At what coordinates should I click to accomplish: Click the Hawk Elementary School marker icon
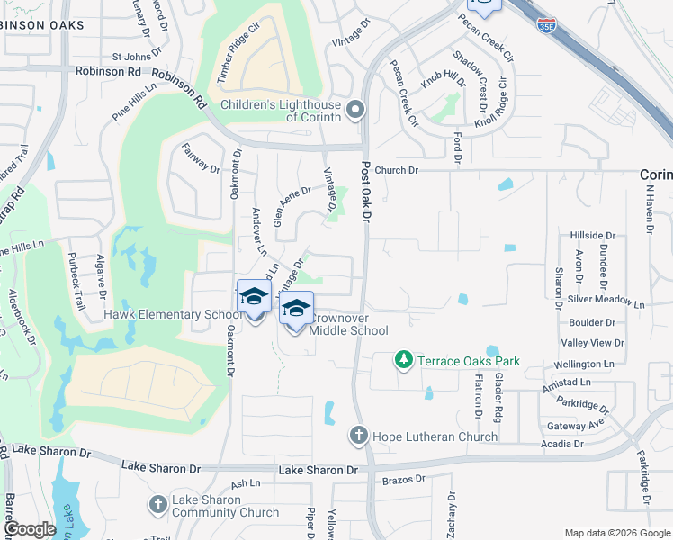254,298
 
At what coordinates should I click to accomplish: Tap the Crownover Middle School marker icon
296,310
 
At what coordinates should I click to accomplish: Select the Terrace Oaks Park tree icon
404,361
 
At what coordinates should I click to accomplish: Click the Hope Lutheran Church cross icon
358,436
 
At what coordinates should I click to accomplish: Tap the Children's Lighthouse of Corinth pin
355,111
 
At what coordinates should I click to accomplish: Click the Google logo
31,529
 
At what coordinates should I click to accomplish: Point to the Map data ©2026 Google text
616,533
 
